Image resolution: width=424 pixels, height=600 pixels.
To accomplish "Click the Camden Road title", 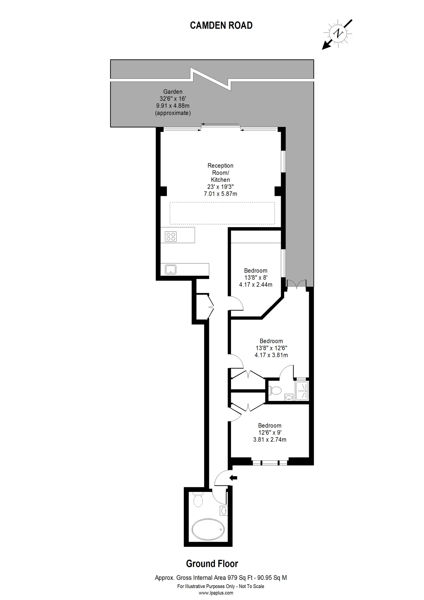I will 221,25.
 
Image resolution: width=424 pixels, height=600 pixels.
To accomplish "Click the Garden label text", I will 173,92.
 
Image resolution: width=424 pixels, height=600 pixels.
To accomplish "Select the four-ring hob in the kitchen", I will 171,237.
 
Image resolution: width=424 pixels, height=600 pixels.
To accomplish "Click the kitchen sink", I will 171,269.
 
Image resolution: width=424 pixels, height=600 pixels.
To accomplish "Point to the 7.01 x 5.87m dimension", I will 220,194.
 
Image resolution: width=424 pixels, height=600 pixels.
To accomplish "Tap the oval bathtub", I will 208,529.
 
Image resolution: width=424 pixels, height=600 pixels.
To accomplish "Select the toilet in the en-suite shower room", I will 275,391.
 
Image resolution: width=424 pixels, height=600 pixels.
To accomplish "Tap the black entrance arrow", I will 233,478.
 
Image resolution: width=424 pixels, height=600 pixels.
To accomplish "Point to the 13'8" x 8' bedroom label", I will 256,278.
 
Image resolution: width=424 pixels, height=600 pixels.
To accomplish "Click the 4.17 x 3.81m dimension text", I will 271,355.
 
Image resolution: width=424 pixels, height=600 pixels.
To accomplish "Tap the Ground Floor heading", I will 212,564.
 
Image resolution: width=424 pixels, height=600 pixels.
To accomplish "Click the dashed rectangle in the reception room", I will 222,213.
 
